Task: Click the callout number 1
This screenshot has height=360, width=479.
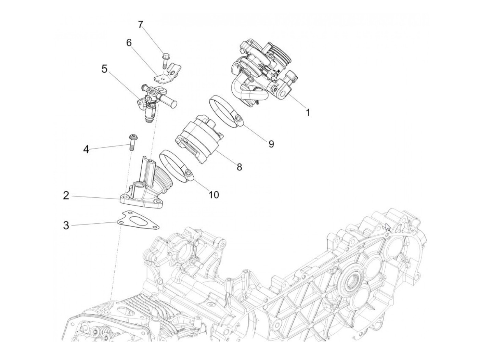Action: pyautogui.click(x=308, y=112)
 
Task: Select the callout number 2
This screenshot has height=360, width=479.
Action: pyautogui.click(x=66, y=195)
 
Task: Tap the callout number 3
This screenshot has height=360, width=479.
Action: pyautogui.click(x=66, y=226)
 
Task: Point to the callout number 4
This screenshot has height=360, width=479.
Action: pyautogui.click(x=86, y=149)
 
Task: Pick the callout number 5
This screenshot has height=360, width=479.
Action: pyautogui.click(x=104, y=69)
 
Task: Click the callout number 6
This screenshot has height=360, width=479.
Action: pyautogui.click(x=129, y=43)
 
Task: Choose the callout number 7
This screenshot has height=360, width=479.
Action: pyautogui.click(x=140, y=25)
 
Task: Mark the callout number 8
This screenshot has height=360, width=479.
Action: pyautogui.click(x=239, y=167)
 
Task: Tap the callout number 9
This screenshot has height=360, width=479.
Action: pyautogui.click(x=271, y=144)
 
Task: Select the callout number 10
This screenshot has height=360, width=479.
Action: pyautogui.click(x=213, y=194)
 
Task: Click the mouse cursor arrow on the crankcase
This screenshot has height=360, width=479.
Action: pyautogui.click(x=388, y=227)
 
